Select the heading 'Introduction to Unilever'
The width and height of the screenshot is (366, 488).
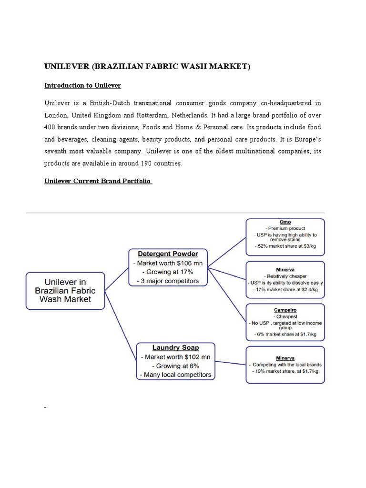pos(82,85)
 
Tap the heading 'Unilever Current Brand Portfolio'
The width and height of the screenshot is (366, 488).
pos(98,181)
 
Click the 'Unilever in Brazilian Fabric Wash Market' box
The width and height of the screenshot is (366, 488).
pos(65,291)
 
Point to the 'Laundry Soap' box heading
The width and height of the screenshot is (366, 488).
pos(175,347)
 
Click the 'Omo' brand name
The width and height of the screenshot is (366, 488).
pos(285,222)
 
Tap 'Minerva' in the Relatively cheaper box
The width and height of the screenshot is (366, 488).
pos(285,269)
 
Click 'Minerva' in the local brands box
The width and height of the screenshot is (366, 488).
pos(285,358)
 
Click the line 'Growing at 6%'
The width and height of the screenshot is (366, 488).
pos(175,366)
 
